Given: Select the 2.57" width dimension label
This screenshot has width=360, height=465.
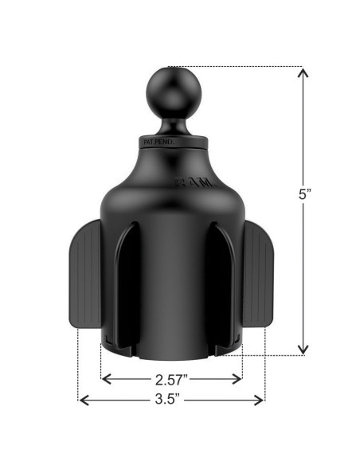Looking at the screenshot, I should (171, 379).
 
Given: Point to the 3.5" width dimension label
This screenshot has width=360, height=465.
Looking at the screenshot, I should (171, 400).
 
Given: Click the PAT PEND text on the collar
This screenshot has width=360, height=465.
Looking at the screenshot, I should (156, 142).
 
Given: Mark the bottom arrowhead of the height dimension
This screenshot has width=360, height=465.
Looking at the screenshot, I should (303, 350).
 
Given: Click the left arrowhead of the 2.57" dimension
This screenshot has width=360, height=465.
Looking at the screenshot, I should (104, 379).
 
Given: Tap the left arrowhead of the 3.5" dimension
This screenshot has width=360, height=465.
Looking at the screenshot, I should (81, 400).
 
